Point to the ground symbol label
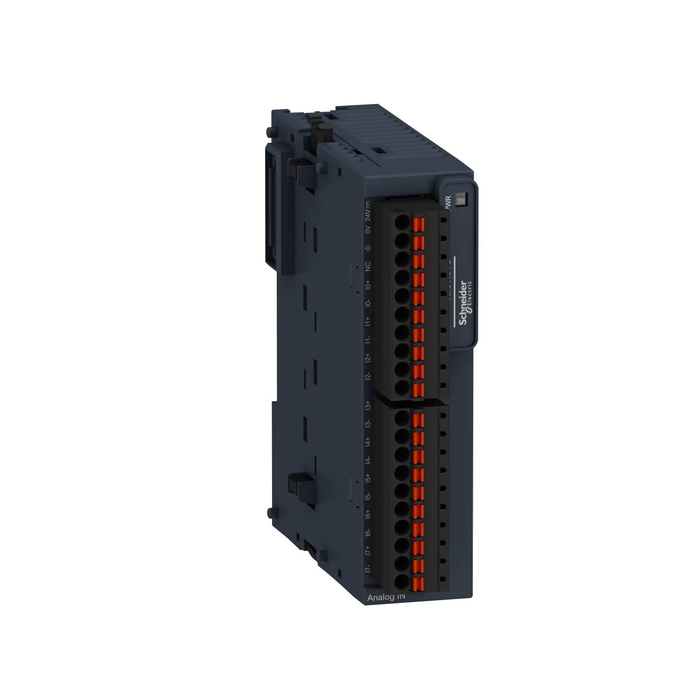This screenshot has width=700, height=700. click(x=368, y=248)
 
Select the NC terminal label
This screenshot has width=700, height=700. click(x=368, y=266)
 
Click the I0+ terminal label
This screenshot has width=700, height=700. click(x=368, y=285)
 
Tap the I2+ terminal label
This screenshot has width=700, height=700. click(x=368, y=358)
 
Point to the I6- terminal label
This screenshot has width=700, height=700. click(x=368, y=532)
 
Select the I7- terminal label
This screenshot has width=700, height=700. click(x=368, y=568)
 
